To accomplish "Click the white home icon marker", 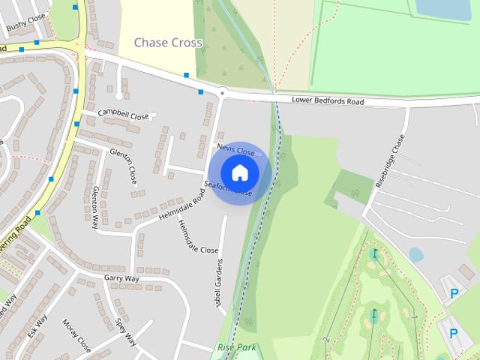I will [x=240, y=173].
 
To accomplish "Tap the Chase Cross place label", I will [x=168, y=43].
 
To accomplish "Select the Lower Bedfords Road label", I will [x=328, y=101].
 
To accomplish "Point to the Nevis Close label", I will [x=236, y=150].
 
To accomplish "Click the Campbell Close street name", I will [x=124, y=115].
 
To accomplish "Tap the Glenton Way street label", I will [x=95, y=208].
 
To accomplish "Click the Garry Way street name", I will [x=121, y=278].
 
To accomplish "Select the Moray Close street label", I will [x=76, y=335].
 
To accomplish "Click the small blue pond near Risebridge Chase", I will [x=415, y=255].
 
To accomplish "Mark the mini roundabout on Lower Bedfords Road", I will [x=222, y=93].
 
